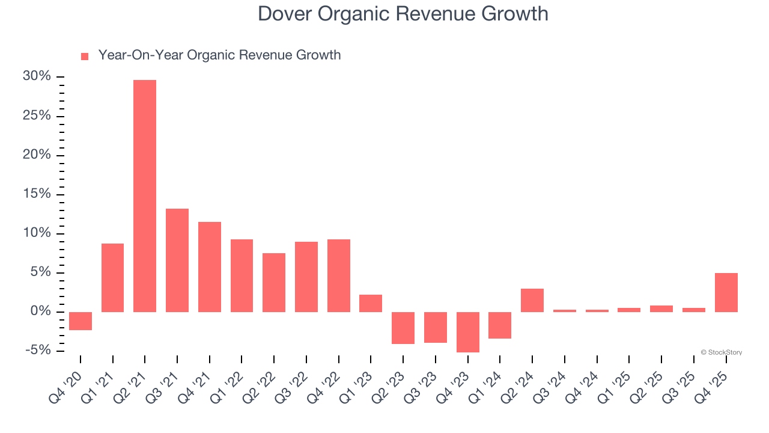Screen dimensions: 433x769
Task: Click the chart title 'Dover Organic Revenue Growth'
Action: click(403, 14)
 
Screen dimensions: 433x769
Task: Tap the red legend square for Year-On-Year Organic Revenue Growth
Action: click(85, 56)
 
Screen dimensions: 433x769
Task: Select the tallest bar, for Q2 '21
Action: click(145, 195)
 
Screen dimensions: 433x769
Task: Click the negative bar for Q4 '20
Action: click(81, 321)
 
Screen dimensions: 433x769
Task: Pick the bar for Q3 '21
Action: click(177, 260)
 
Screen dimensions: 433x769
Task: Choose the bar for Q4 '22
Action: click(339, 275)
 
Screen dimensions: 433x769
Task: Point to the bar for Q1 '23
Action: click(371, 303)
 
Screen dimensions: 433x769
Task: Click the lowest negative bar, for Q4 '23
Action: click(468, 332)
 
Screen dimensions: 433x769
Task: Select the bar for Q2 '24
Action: click(532, 300)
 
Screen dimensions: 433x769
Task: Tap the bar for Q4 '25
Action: click(726, 292)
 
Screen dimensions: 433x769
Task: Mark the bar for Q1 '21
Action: click(112, 277)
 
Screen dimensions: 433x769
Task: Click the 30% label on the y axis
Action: click(37, 76)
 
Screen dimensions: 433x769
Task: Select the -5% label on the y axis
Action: click(37, 351)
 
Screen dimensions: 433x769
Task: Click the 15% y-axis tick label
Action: click(37, 194)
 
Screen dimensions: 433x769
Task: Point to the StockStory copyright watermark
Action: click(721, 352)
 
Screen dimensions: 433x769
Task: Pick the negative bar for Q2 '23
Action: click(403, 328)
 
